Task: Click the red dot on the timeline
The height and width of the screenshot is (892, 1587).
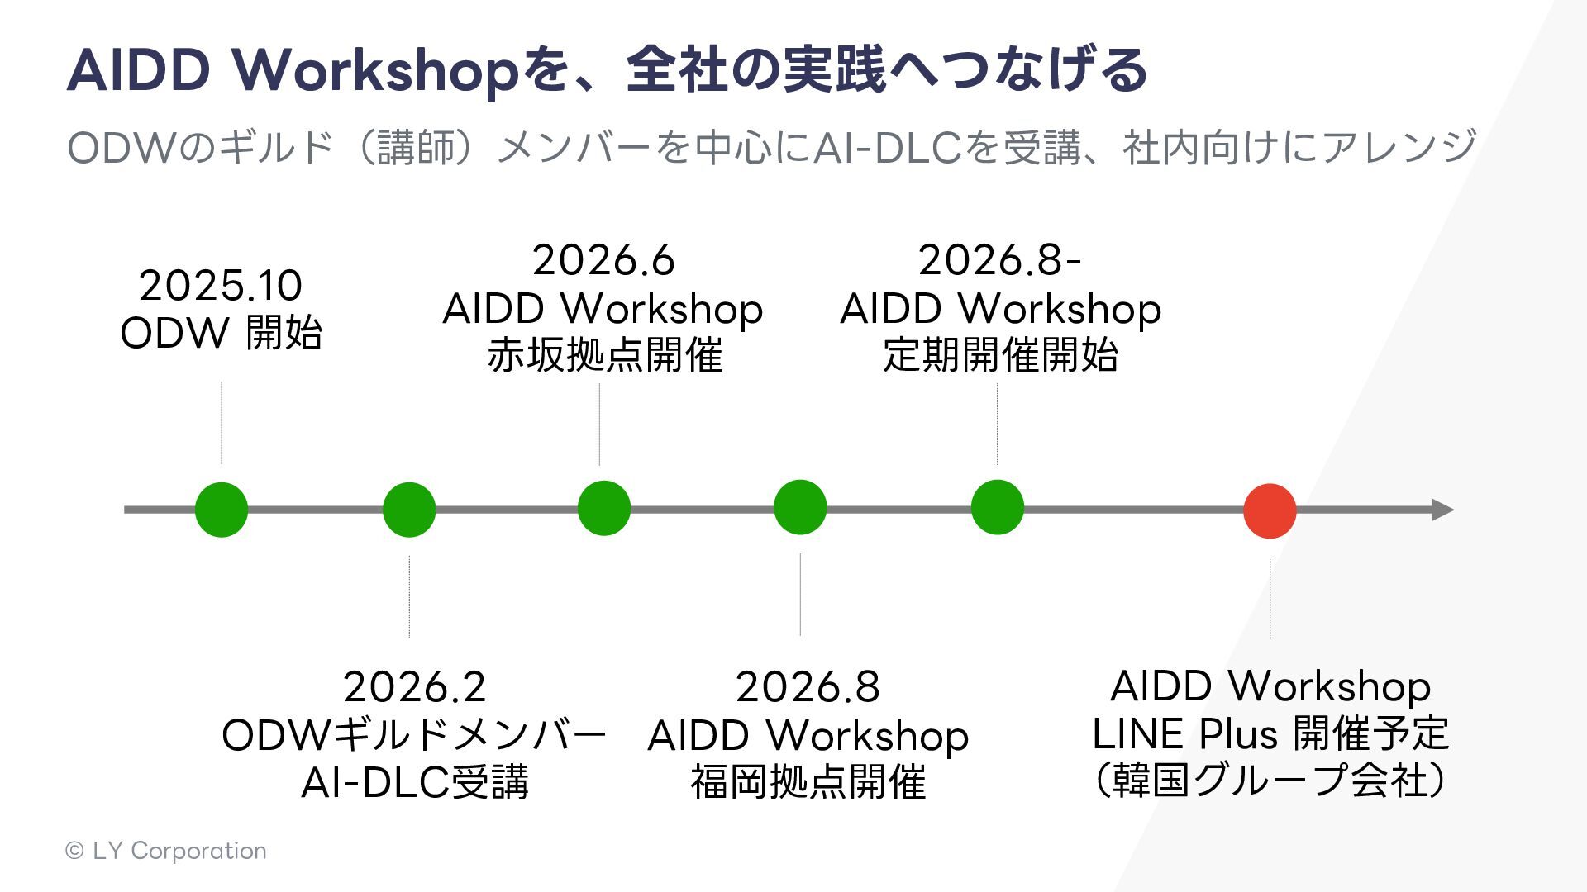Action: pyautogui.click(x=1270, y=510)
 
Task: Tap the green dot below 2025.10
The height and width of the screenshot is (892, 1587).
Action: pyautogui.click(x=222, y=510)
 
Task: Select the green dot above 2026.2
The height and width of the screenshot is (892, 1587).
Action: pyautogui.click(x=409, y=510)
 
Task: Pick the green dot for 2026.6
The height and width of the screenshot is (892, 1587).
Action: pyautogui.click(x=604, y=508)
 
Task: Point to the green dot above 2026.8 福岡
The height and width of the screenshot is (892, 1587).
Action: pyautogui.click(x=800, y=507)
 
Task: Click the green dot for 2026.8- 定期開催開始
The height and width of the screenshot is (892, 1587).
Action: pyautogui.click(x=998, y=507)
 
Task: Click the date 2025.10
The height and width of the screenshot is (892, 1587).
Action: pyautogui.click(x=221, y=286)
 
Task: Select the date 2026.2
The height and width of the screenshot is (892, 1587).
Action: pyautogui.click(x=414, y=687)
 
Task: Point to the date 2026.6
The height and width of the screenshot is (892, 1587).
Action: pyautogui.click(x=603, y=260)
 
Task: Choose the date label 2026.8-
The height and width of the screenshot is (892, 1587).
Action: pyautogui.click(x=999, y=260)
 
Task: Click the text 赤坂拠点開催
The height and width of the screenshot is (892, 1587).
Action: pyautogui.click(x=604, y=356)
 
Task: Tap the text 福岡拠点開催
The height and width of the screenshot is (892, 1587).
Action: pyautogui.click(x=808, y=782)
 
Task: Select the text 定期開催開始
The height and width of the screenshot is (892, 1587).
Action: pyautogui.click(x=1000, y=356)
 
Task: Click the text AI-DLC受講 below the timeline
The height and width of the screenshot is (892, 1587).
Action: pyautogui.click(x=414, y=782)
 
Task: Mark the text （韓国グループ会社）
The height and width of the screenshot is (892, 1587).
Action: pyautogui.click(x=1270, y=780)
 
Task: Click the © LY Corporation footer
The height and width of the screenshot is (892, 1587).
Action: pyautogui.click(x=166, y=851)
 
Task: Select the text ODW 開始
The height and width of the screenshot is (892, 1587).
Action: pyautogui.click(x=221, y=334)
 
